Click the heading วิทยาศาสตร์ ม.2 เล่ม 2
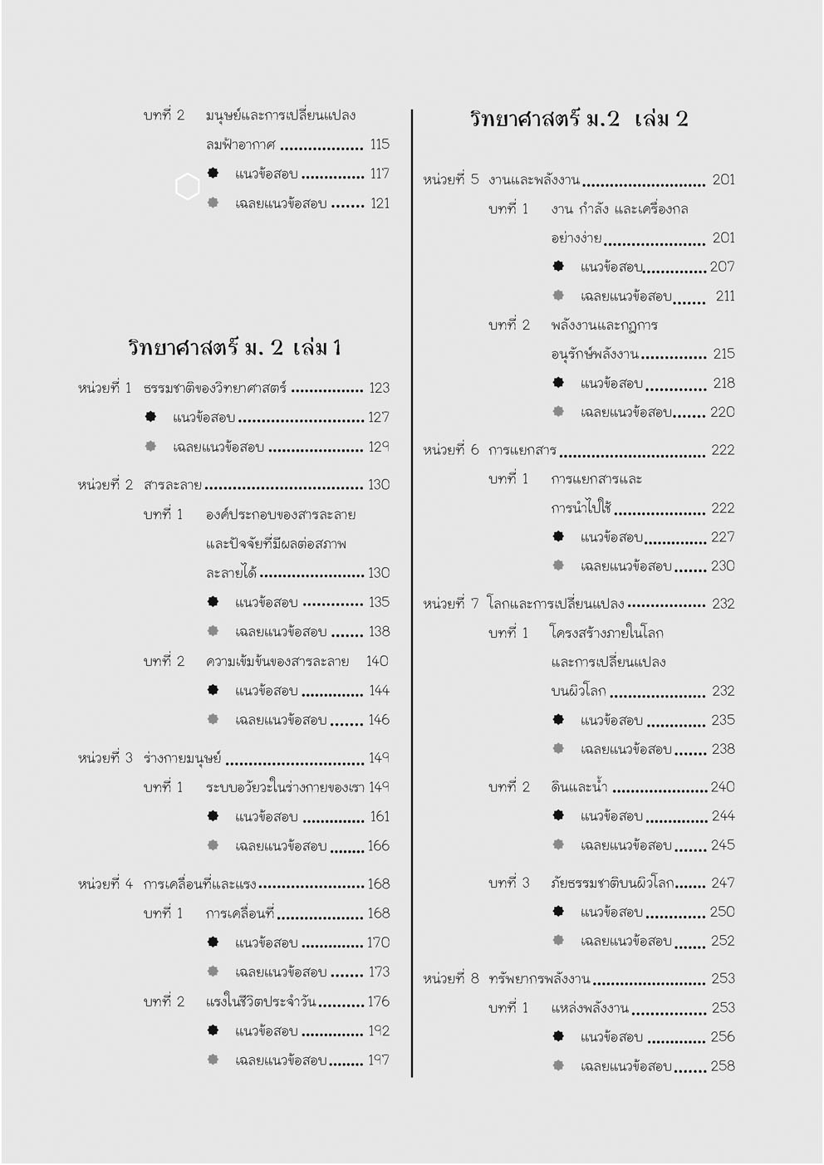click(x=579, y=119)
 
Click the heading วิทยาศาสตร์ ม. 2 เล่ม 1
click(x=235, y=347)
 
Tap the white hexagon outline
click(x=188, y=187)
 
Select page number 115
click(x=380, y=144)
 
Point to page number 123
click(x=379, y=388)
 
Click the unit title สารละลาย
click(x=173, y=485)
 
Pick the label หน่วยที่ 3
click(x=105, y=758)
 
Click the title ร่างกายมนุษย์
click(x=183, y=758)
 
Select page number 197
click(x=379, y=1060)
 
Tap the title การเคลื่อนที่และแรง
click(x=199, y=884)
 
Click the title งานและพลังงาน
click(x=533, y=180)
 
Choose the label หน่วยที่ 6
click(x=450, y=450)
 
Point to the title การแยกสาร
click(x=522, y=450)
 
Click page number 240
click(x=722, y=787)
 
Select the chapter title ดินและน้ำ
click(x=579, y=787)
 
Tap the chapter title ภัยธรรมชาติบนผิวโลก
click(x=611, y=883)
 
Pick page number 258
click(x=722, y=1066)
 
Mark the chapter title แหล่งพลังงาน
click(x=589, y=1008)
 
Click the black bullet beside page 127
click(x=150, y=417)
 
